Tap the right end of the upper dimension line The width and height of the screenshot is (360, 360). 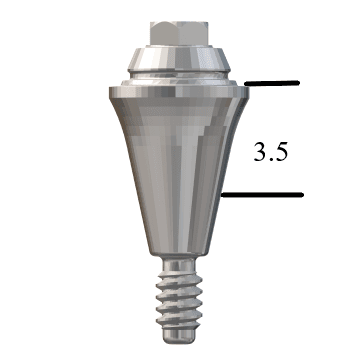[298, 83]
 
